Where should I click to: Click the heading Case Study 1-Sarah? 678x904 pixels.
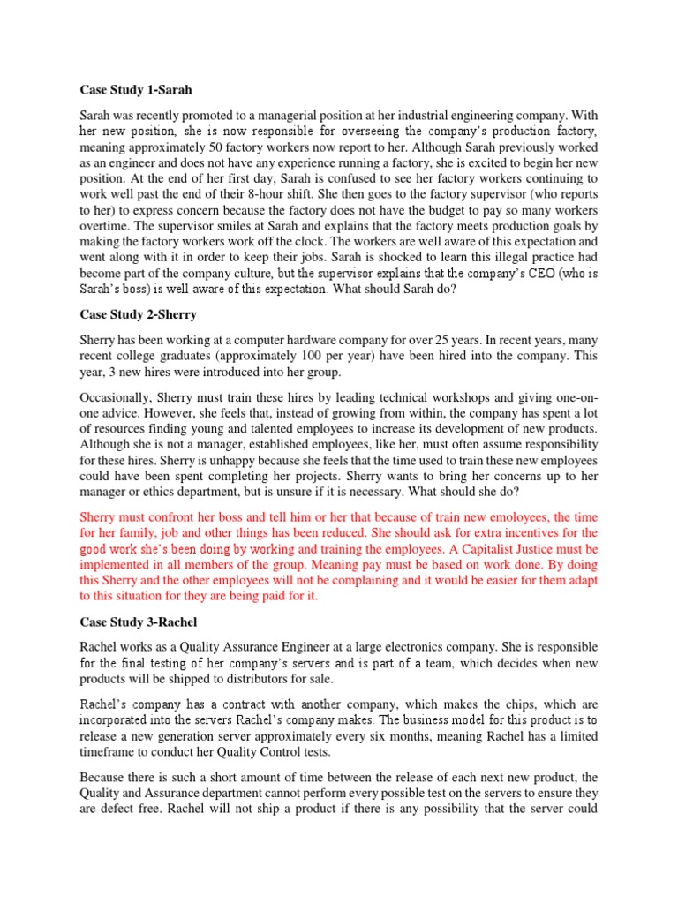click(136, 90)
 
